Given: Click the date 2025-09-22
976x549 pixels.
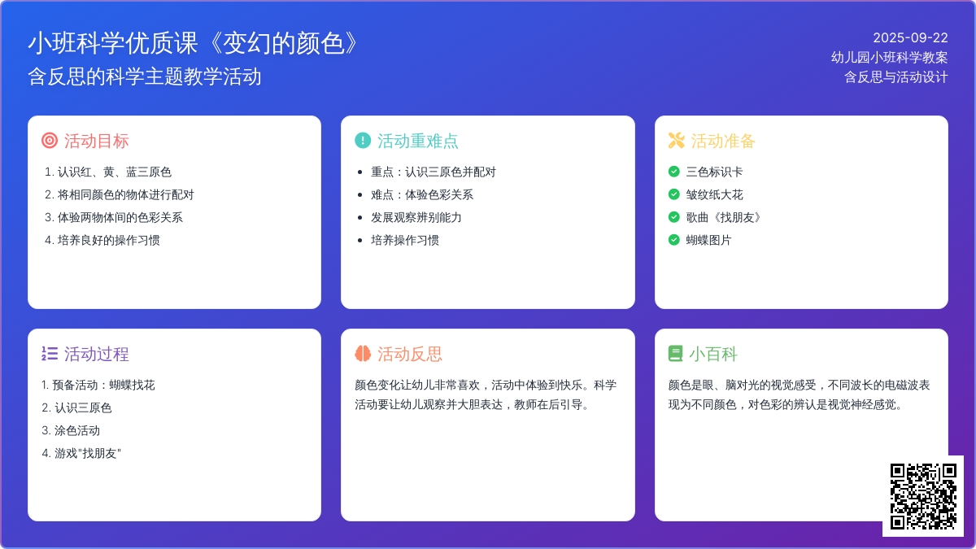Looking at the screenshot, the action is [910, 38].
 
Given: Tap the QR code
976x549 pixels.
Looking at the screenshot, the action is [923, 496].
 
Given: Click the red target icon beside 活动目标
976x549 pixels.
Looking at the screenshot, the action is [50, 141].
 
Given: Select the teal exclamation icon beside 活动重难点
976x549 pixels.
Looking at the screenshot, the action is [363, 141].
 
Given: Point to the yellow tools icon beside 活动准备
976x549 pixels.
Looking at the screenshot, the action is [676, 141].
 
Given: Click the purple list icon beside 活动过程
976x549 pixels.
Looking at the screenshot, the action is [50, 353].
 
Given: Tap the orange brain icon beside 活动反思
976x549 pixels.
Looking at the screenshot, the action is [363, 353].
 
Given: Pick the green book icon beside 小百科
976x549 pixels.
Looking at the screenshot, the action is [675, 353].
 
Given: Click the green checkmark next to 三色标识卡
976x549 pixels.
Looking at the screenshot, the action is [673, 172].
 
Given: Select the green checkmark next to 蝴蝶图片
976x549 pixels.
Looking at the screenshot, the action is [673, 240].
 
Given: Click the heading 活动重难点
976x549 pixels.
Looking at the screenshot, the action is [417, 142].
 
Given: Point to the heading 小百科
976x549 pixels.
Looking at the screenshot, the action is [713, 354].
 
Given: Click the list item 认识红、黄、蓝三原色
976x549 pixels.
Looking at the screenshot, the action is [114, 172].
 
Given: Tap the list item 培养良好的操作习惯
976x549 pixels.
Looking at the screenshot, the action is [108, 240].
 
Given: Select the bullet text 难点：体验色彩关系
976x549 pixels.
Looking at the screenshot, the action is [422, 194].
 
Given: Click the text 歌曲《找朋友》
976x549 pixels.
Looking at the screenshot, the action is [724, 217].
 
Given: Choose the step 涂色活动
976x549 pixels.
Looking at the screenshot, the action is [77, 430].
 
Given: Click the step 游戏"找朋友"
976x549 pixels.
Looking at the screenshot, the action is [88, 453].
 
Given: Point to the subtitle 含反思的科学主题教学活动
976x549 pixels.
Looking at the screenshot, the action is [145, 76].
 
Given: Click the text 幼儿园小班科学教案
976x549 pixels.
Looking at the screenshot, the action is [889, 58].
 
